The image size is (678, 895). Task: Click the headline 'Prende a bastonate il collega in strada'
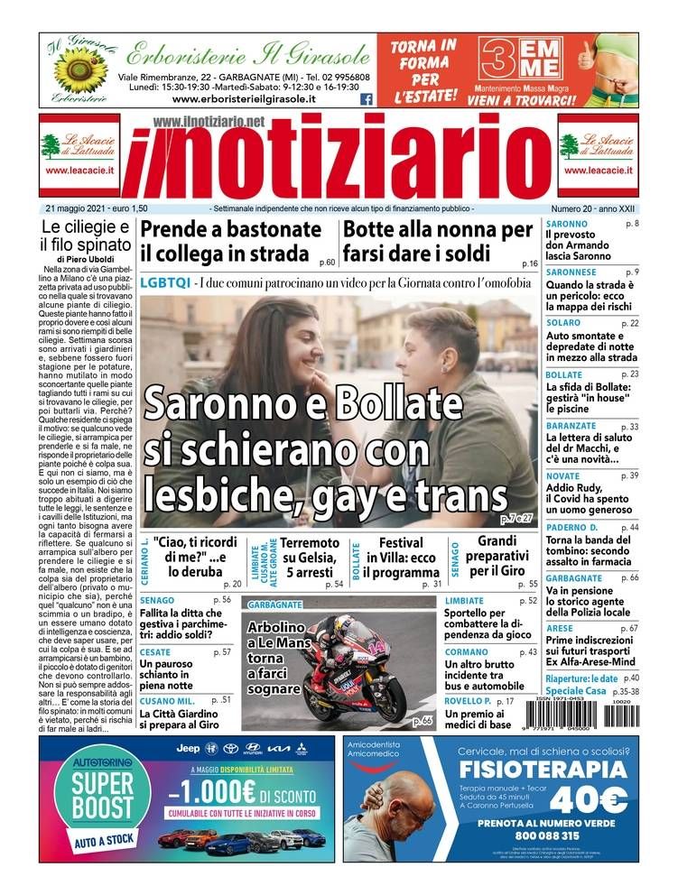pos(231,241)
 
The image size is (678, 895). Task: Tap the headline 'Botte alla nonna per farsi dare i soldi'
pos(438,241)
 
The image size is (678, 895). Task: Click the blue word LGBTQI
pos(165,281)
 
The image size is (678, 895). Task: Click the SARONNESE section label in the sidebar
pos(571,272)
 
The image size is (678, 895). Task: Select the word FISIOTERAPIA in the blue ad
pos(542,770)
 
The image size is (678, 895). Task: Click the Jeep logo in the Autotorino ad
pos(188,748)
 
